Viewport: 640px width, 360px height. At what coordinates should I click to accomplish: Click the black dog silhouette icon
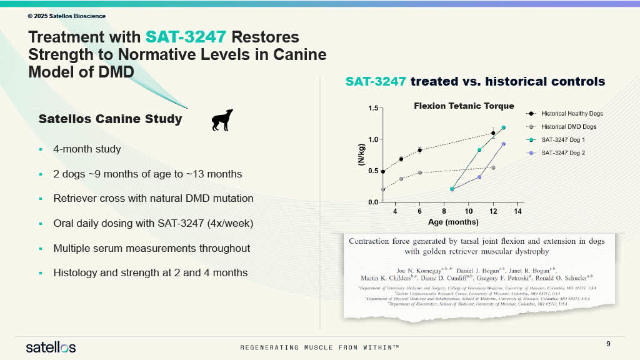tap(222, 120)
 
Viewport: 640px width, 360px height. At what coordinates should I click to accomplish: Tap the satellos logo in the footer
tap(51, 347)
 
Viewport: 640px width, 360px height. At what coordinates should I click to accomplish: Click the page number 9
tap(609, 344)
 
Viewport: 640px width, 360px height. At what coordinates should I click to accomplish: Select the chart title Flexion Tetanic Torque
tap(464, 106)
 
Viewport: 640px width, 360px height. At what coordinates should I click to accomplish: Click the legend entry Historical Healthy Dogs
tap(572, 114)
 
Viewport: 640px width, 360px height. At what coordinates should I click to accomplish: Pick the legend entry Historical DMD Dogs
tap(567, 127)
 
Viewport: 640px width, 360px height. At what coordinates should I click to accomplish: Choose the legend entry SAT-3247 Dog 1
tap(562, 140)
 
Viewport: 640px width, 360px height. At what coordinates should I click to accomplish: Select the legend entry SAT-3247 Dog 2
tap(562, 153)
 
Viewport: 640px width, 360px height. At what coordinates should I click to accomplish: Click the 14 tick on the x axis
tap(517, 211)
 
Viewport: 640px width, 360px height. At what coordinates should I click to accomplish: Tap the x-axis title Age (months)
tap(453, 222)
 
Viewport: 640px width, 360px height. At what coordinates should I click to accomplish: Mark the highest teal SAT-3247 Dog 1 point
tap(504, 127)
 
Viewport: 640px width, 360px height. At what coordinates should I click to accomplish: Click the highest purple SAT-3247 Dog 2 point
tap(504, 144)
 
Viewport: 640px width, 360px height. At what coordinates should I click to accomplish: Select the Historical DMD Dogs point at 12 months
tap(493, 167)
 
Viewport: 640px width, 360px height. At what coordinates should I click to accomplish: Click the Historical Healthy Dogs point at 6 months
tap(419, 150)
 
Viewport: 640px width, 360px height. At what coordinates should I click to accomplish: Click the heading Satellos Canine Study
tap(110, 119)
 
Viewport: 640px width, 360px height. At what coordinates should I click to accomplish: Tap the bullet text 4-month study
tap(87, 149)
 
